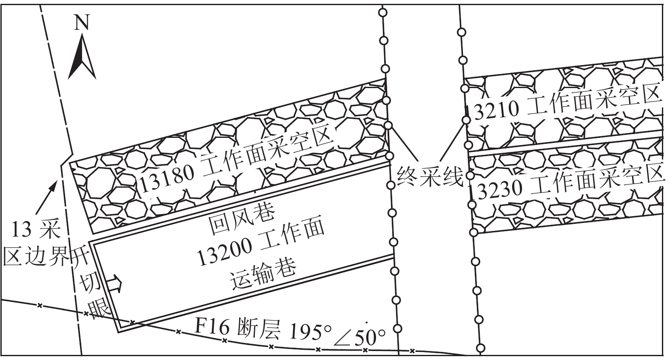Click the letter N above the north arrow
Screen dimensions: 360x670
click(x=82, y=22)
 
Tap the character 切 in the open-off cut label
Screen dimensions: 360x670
click(x=89, y=284)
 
